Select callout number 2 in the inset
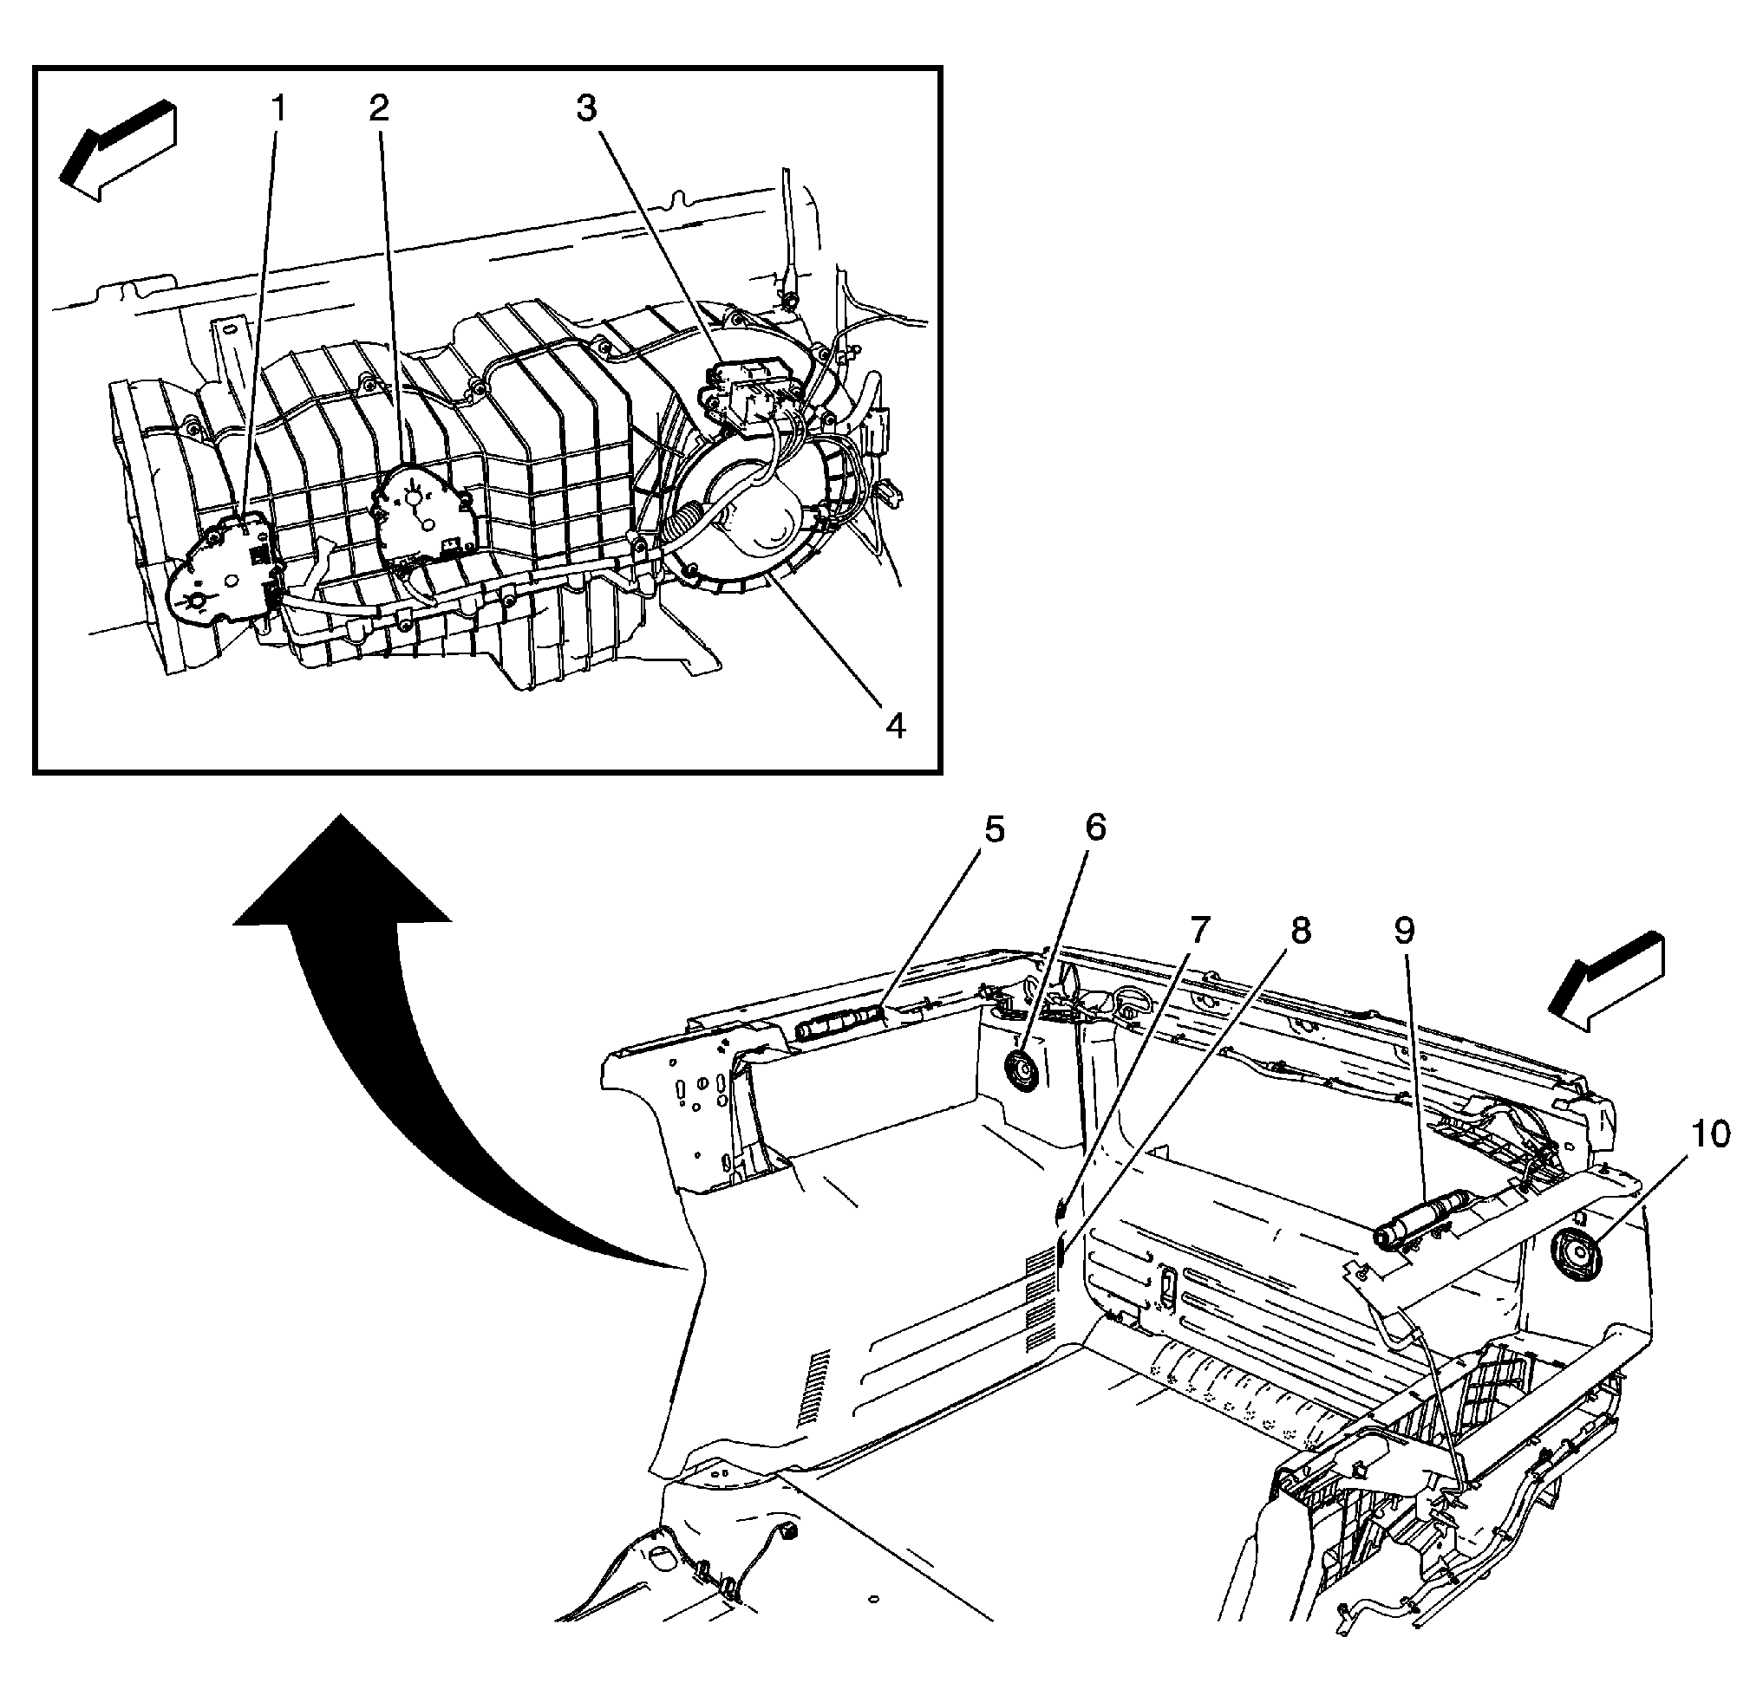(x=379, y=110)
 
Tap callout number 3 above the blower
(x=585, y=110)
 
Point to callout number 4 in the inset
(x=894, y=725)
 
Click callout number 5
(x=993, y=830)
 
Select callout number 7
(x=1201, y=931)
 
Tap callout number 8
(x=1300, y=931)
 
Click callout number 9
(x=1404, y=931)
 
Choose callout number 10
(x=1710, y=1134)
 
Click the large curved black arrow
(x=378, y=1034)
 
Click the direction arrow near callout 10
(x=1607, y=983)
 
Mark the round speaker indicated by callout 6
(x=1020, y=1072)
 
